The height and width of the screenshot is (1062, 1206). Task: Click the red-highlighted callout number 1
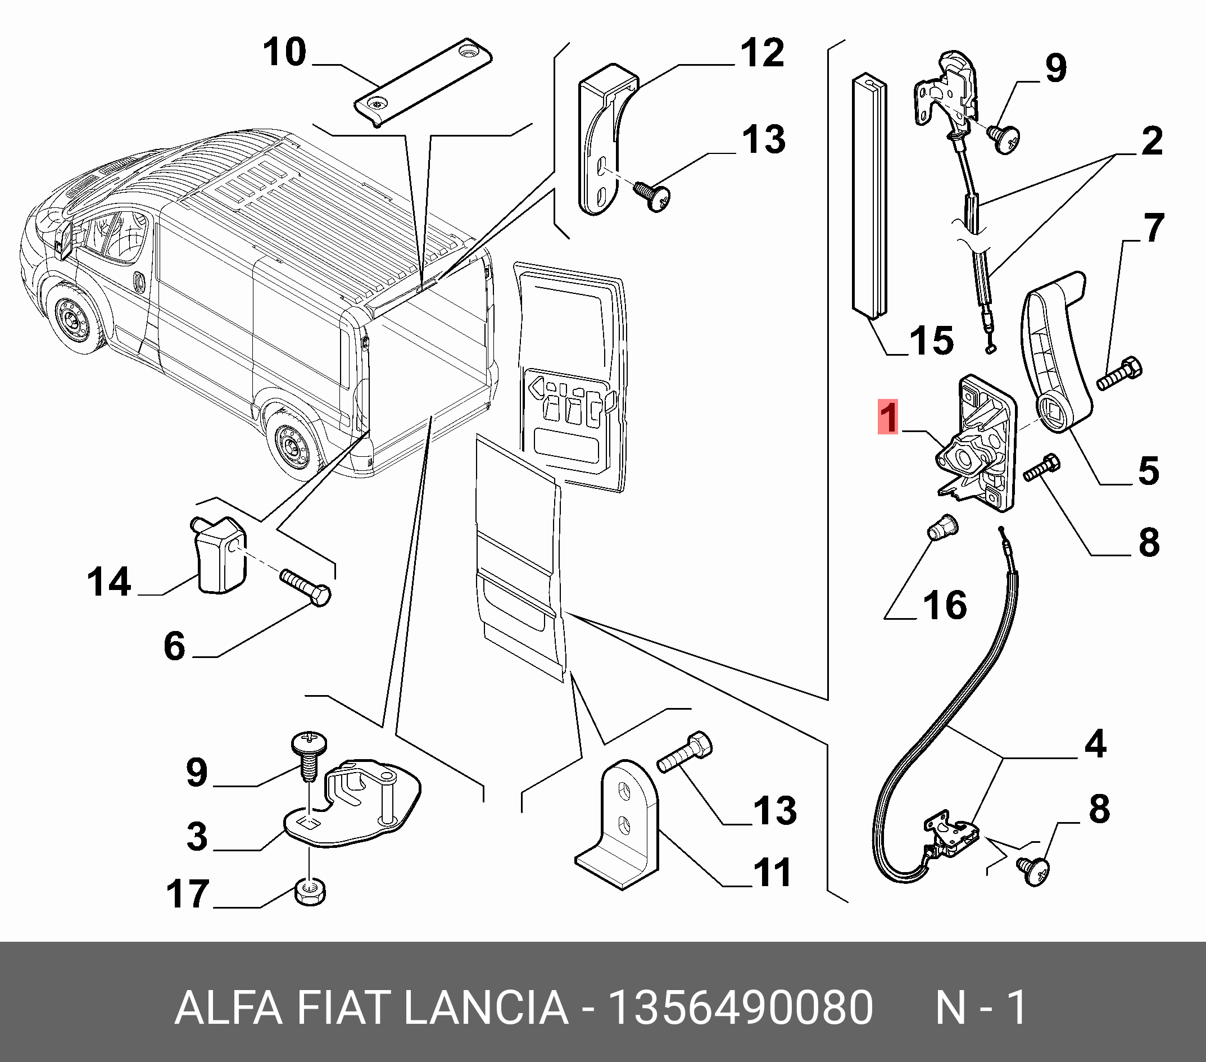[888, 417]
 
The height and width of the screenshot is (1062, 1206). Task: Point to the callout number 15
[931, 341]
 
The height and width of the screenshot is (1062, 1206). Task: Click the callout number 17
[188, 894]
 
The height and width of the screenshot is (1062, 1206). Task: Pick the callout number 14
[109, 582]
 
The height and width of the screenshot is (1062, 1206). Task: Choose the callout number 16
[945, 605]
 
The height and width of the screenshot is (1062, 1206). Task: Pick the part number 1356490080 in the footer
[741, 1007]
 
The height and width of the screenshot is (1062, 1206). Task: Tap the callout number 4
[1095, 744]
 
